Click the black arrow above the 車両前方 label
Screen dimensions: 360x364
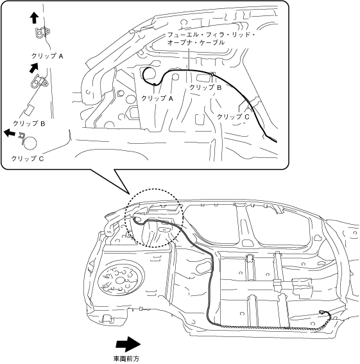(128, 344)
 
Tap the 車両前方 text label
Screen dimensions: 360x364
(126, 359)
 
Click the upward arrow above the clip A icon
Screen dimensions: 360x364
(35, 18)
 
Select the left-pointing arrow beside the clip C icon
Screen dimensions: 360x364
(10, 133)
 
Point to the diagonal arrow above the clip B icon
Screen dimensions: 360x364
(33, 68)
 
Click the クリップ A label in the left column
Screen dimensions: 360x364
(47, 56)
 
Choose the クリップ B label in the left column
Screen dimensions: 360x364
(29, 123)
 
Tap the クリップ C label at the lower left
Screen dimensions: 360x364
(28, 159)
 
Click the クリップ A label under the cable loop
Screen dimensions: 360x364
(157, 98)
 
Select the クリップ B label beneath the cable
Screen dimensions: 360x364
(205, 87)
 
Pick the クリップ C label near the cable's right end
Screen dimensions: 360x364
(233, 117)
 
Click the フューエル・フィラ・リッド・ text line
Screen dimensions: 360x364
(211, 35)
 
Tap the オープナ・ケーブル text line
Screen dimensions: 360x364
(196, 42)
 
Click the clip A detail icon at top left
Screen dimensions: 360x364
(42, 33)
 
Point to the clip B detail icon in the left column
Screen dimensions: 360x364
(39, 81)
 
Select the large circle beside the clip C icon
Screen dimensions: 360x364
(30, 143)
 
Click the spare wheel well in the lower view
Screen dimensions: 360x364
(121, 280)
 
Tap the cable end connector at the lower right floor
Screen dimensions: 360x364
(321, 313)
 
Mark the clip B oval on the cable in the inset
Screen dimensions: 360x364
(212, 74)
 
